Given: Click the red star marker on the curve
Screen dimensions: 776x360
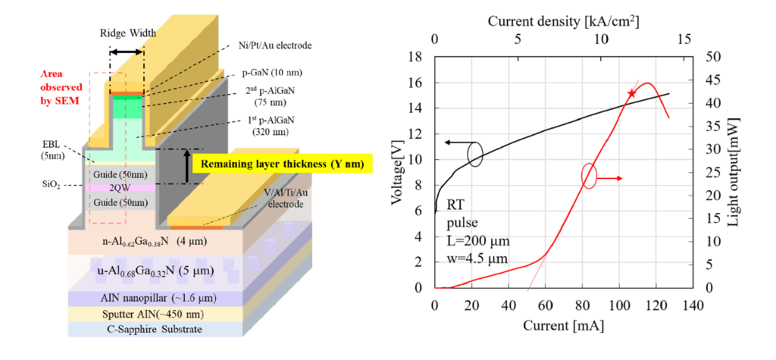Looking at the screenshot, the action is point(631,93).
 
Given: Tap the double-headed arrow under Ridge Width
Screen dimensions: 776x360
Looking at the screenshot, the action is point(127,52).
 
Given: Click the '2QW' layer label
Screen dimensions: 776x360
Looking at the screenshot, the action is point(120,189).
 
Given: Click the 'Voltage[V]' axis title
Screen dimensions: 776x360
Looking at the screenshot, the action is point(398,172).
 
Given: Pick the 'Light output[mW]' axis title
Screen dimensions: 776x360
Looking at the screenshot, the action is point(734,173).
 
